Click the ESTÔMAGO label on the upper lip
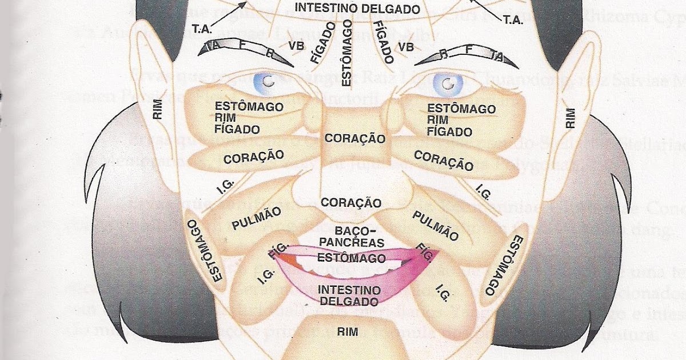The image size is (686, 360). click(x=350, y=258)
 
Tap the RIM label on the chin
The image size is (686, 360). click(x=347, y=331)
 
